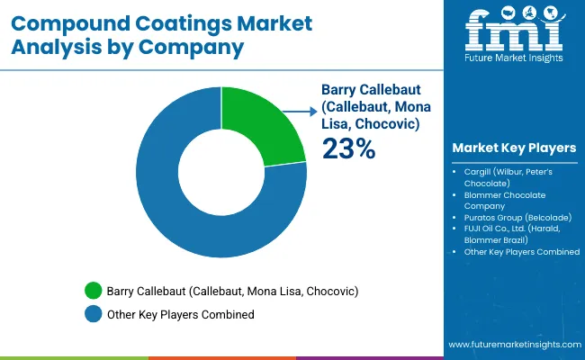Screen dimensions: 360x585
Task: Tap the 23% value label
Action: tap(348, 148)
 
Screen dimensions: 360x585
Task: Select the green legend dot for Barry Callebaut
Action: tap(93, 291)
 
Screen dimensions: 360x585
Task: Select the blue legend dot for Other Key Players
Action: tap(93, 314)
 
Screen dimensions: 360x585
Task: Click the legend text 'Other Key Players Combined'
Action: tap(180, 314)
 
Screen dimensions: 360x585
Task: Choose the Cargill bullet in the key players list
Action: tap(514, 175)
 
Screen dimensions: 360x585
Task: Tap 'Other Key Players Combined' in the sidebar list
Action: tap(521, 252)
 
